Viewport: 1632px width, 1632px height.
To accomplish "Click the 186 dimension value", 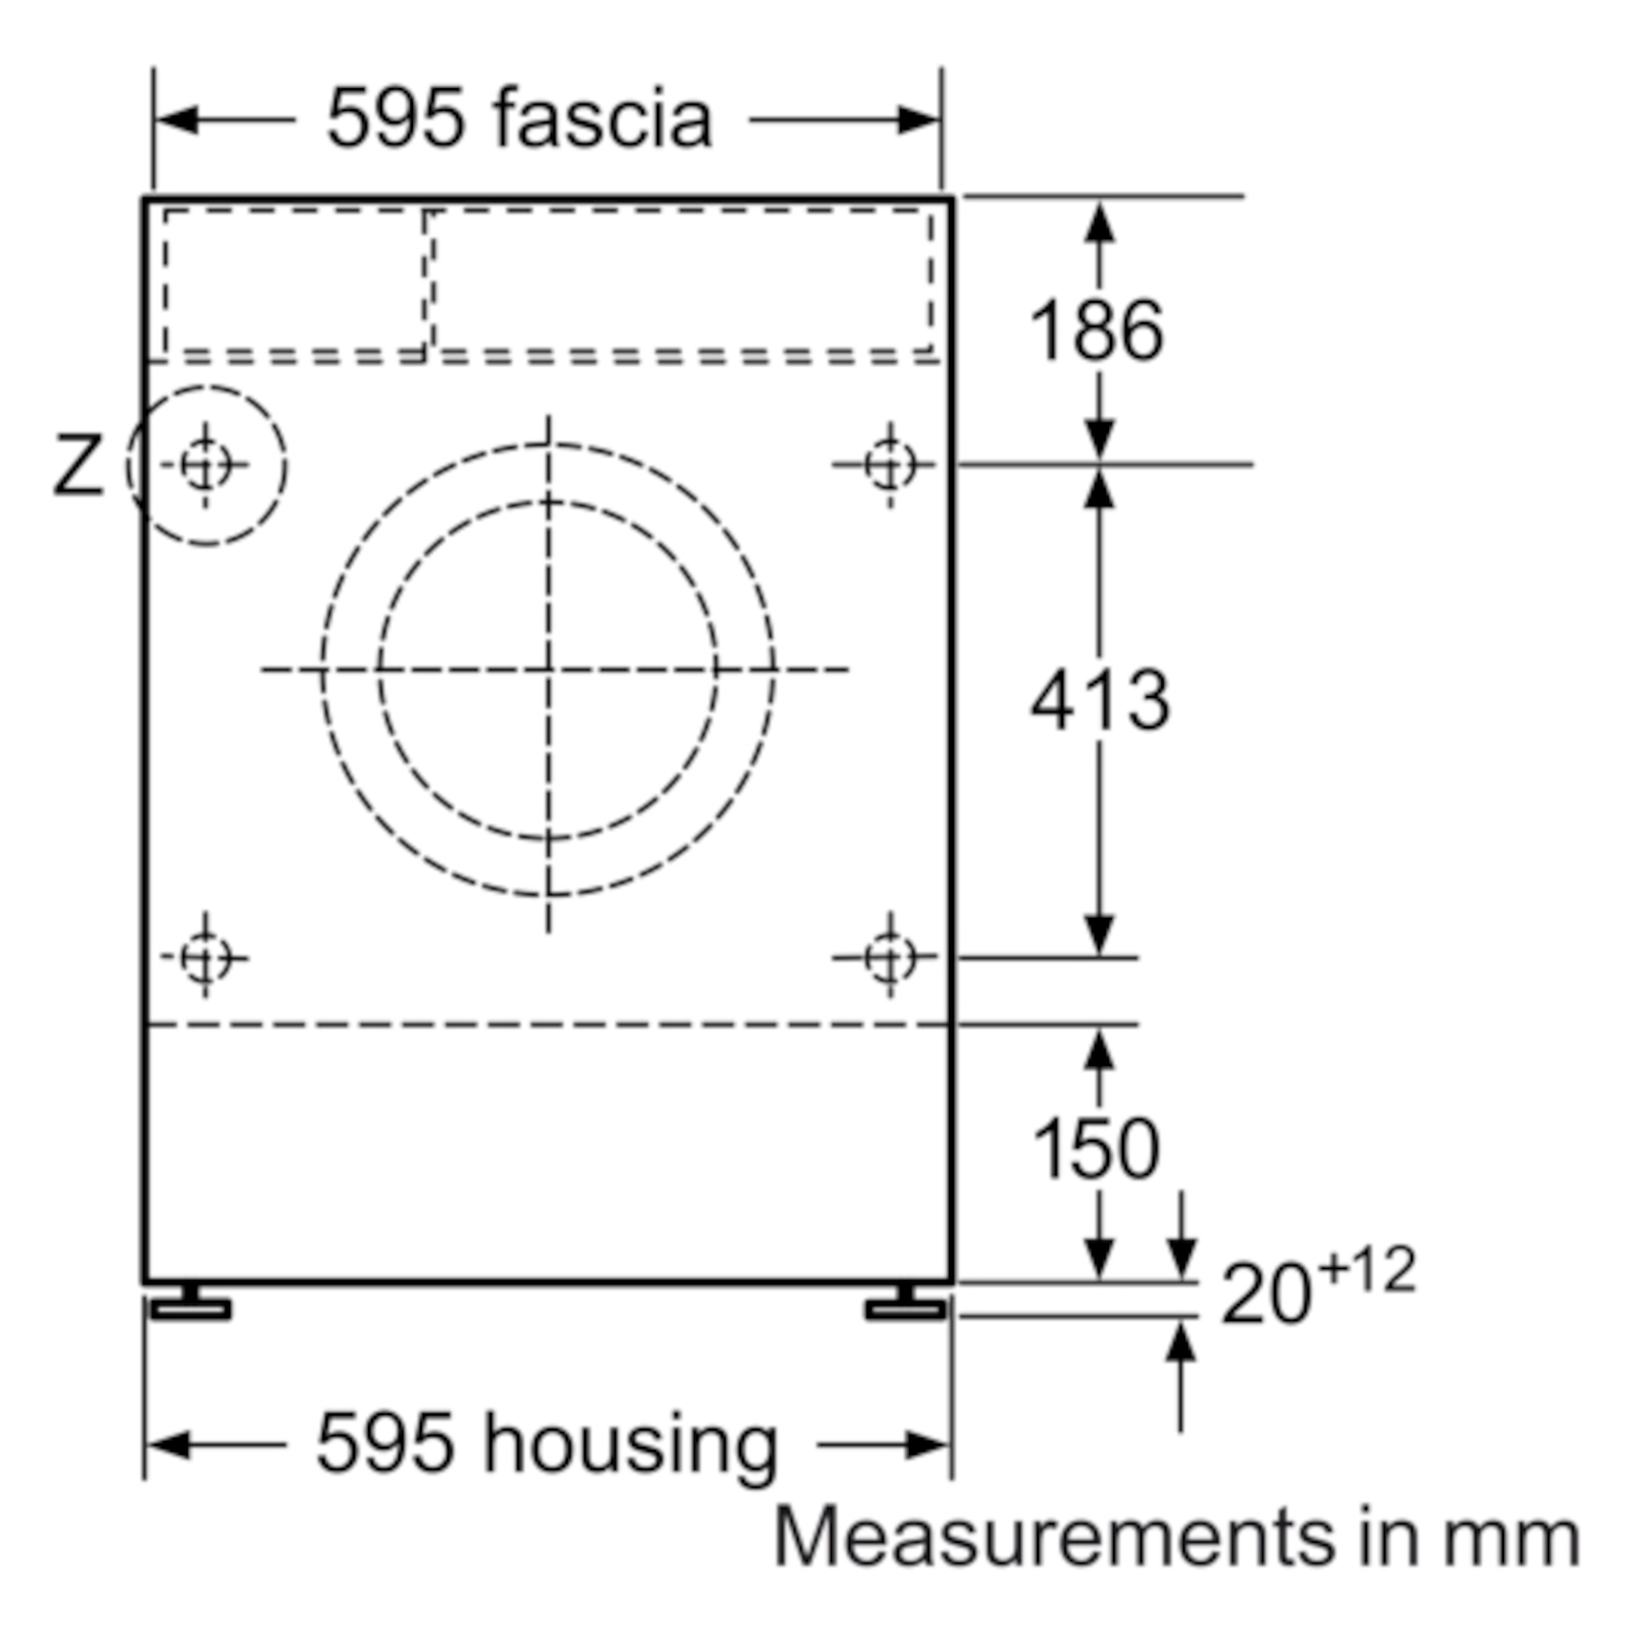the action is click(x=1097, y=330).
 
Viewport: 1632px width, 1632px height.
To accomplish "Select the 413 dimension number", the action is click(x=1100, y=700).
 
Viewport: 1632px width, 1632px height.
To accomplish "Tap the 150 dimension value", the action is click(x=1097, y=1148).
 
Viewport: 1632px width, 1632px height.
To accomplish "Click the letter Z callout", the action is click(x=78, y=463).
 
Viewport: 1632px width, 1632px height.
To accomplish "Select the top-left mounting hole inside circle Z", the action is click(x=206, y=463).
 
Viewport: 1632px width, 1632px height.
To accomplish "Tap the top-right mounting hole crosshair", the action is click(x=889, y=463).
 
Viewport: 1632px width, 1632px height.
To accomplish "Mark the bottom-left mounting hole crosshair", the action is click(x=206, y=957).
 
